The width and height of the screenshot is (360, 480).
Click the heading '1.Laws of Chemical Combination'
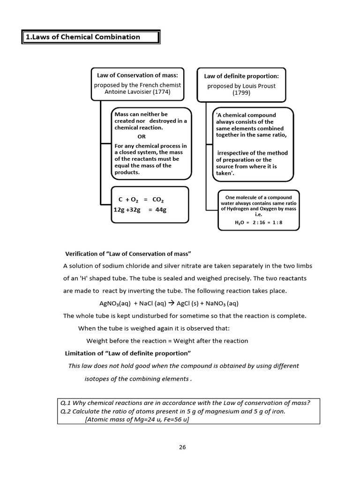tap(82, 37)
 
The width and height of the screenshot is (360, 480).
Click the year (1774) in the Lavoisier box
tap(159, 92)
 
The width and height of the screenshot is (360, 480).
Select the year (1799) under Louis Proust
tap(241, 93)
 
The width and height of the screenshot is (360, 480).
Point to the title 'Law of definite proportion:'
tap(241, 76)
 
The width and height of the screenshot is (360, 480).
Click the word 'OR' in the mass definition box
tap(142, 136)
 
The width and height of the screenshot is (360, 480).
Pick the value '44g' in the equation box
tap(161, 210)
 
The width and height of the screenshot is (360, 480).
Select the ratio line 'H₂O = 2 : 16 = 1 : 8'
tap(259, 223)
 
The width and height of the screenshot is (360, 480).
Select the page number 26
tap(182, 447)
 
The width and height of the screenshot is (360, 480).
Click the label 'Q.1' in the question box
tap(66, 402)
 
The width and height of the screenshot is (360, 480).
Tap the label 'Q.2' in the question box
tap(66, 411)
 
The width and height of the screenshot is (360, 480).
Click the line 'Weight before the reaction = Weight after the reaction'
tap(167, 341)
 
